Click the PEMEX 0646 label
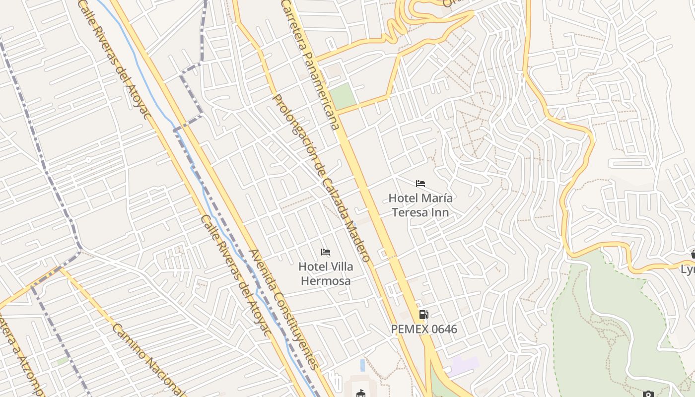pos(423,329)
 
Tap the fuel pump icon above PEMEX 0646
pos(423,314)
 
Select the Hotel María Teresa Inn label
pos(420,205)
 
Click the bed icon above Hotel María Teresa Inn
pos(420,184)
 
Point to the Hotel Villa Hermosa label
pos(326,273)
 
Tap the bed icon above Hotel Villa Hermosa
pos(326,252)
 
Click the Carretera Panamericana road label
pos(311,65)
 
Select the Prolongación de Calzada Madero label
pos(321,178)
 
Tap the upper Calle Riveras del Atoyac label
pos(115,60)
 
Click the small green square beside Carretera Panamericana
pos(344,96)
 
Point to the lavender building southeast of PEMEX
pos(465,366)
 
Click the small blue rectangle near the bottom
pos(362,365)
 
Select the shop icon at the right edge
pos(693,254)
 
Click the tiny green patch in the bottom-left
pos(63,361)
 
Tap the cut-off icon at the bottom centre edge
pos(361,394)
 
